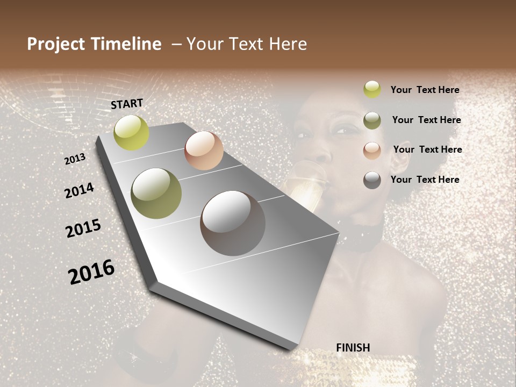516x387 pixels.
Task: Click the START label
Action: (x=127, y=104)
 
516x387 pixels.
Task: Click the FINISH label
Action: (x=353, y=348)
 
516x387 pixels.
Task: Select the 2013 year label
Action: (x=75, y=159)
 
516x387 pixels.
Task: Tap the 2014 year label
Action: (x=79, y=190)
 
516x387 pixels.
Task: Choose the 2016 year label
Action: (x=91, y=271)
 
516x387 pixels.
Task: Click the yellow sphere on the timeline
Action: (x=131, y=133)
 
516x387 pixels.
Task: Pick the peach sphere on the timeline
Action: (x=204, y=150)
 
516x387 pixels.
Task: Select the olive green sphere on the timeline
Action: (x=156, y=193)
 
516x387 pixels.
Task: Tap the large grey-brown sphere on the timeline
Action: (x=233, y=223)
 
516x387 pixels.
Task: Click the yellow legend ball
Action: (x=372, y=90)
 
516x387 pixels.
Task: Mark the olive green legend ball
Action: (x=372, y=120)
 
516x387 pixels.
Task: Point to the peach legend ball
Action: (x=372, y=150)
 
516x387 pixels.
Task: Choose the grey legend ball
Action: (x=372, y=180)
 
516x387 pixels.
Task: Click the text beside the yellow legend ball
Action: (x=425, y=90)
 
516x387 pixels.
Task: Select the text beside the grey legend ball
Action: (x=425, y=180)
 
